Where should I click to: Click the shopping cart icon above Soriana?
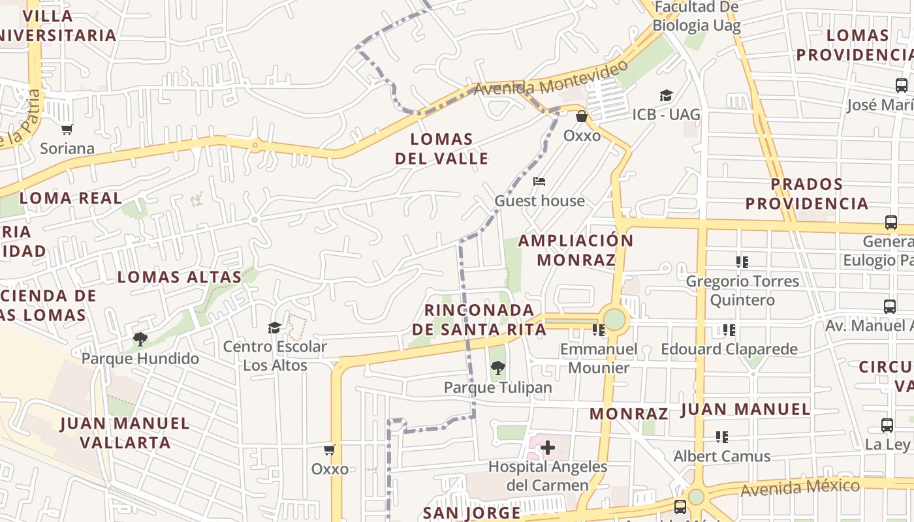coord(67,129)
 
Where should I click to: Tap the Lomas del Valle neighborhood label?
coord(441,149)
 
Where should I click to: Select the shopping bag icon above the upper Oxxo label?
coord(582,116)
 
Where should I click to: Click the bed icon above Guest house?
coord(539,181)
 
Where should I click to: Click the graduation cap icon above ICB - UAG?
coord(666,96)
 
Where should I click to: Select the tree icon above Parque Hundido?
coord(140,339)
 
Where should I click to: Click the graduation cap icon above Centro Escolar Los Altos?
coord(275,328)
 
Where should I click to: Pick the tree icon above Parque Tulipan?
coord(498,368)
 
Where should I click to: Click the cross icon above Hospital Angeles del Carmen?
coord(548,448)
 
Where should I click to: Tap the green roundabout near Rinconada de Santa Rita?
coord(614,319)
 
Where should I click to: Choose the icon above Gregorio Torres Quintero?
coord(742,262)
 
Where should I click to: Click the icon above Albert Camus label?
coord(722,437)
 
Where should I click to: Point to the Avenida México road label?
coord(800,487)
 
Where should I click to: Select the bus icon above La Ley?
coord(887,425)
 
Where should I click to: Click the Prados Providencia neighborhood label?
coord(807,194)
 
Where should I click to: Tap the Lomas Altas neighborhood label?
coord(180,277)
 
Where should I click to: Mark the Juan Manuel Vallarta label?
coord(125,433)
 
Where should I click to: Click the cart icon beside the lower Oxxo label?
coord(330,450)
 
